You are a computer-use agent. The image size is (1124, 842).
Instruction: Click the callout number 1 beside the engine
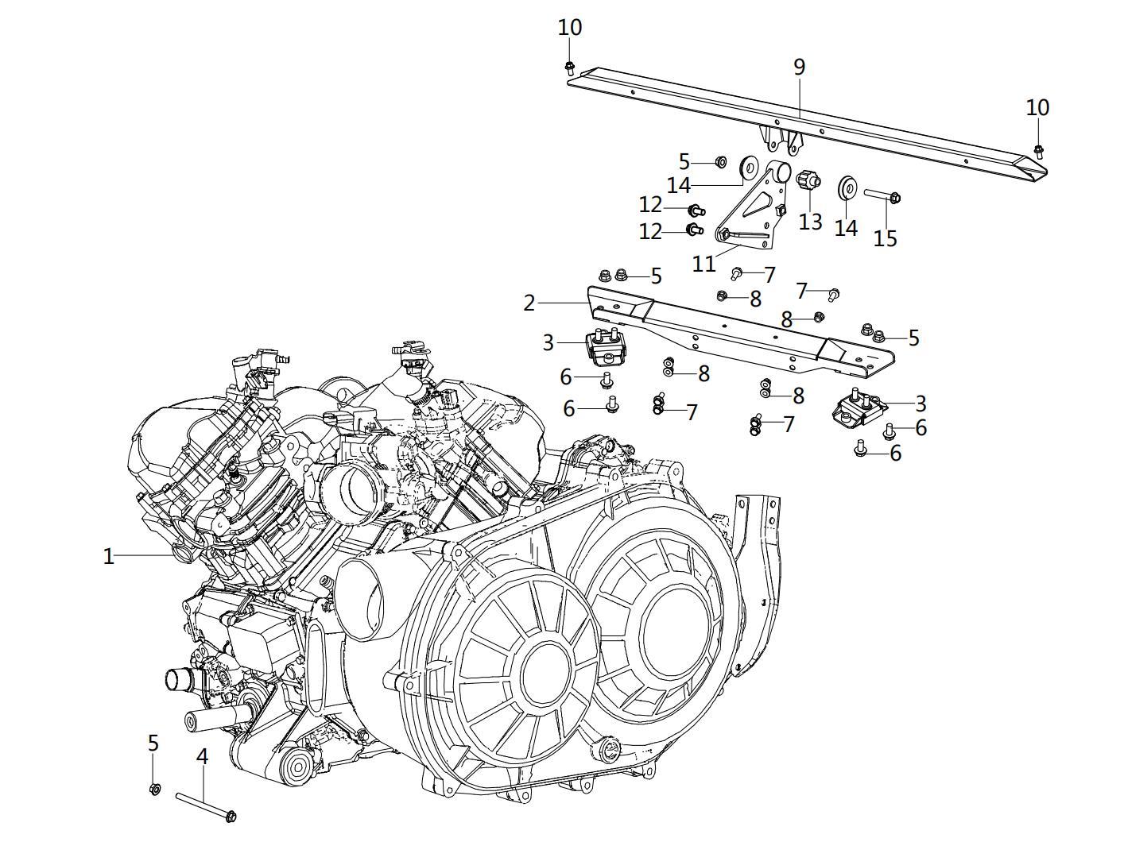coord(109,556)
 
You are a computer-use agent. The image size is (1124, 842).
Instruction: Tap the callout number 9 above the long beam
coord(799,68)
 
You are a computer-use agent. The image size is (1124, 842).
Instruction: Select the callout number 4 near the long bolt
coord(202,756)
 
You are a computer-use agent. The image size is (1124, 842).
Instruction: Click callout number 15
coord(885,238)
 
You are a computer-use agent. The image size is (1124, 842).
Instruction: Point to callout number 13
coord(810,221)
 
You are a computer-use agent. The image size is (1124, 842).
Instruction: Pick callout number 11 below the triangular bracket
coord(704,263)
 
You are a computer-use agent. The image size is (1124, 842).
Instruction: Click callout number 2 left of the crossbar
coord(530,303)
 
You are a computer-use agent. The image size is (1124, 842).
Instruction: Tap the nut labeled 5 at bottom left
coord(155,789)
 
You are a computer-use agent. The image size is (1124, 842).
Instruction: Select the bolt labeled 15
coord(882,195)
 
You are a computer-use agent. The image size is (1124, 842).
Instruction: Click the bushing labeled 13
coord(808,181)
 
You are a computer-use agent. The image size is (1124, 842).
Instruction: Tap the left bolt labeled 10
coord(570,67)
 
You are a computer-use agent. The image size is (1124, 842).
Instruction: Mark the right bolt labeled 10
coord(1038,150)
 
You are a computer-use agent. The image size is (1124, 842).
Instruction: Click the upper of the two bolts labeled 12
coord(696,210)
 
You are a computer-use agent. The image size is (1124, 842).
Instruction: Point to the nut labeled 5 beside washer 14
coord(720,162)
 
